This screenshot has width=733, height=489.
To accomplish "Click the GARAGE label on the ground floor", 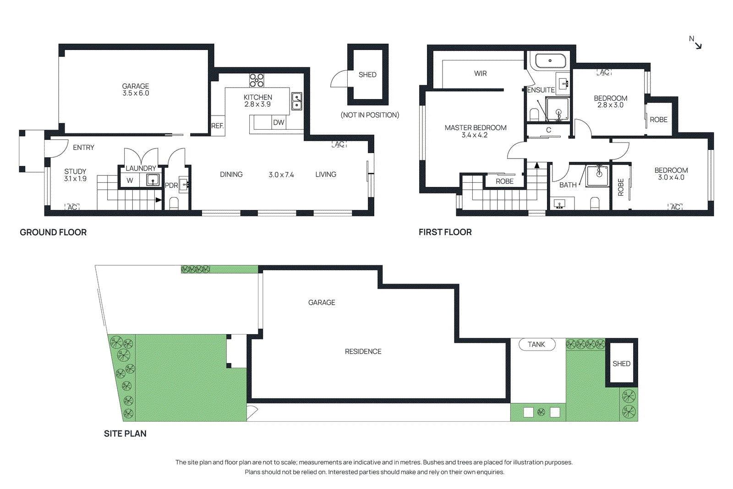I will [136, 86].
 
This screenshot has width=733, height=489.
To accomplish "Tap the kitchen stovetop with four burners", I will [257, 80].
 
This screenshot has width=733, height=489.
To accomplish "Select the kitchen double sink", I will [297, 101].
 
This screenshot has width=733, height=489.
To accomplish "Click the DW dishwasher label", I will [279, 122].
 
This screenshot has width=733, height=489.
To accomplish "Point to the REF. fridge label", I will [218, 126].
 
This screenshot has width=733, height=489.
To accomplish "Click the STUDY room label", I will [75, 171].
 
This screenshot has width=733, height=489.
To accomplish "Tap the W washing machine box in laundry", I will [130, 180].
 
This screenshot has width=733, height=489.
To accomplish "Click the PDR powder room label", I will [171, 185].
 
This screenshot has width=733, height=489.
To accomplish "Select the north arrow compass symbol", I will [696, 42].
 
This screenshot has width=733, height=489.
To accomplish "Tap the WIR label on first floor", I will [481, 73].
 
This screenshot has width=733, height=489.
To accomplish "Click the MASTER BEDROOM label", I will [476, 128].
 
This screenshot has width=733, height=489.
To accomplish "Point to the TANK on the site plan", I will [536, 344].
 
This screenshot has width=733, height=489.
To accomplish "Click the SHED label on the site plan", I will [622, 363].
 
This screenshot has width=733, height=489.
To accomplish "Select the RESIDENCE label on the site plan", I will [363, 352].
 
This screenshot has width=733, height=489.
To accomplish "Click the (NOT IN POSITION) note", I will [370, 115].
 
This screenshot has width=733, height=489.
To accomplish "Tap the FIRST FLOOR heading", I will [445, 232].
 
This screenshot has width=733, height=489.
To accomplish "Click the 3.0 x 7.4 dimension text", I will [281, 175].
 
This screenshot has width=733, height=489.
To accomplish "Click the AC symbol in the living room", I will [339, 144].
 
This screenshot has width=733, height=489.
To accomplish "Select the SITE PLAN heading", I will [125, 434].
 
